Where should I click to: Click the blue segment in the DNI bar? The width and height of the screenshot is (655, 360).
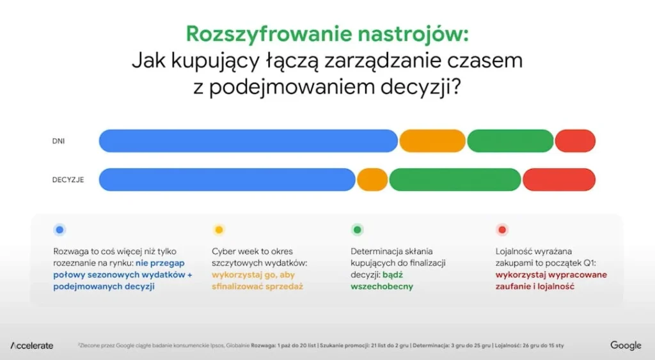click(x=248, y=141)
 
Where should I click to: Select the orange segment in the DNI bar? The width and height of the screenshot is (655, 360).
click(x=432, y=141)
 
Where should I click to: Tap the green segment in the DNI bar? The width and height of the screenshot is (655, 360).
click(x=510, y=141)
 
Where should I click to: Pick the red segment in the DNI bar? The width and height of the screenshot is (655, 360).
click(x=575, y=141)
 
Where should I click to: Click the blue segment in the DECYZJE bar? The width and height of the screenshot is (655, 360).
click(x=227, y=180)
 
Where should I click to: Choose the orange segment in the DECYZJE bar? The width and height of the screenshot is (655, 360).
click(x=372, y=180)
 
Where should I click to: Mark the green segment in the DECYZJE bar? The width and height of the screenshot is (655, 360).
click(x=455, y=180)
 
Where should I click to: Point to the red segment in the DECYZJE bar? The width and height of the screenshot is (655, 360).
click(x=559, y=180)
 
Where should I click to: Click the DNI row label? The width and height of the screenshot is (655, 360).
click(x=58, y=141)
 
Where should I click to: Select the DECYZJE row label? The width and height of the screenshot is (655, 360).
click(x=68, y=180)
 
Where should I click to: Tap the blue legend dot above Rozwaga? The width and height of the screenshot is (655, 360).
click(x=59, y=230)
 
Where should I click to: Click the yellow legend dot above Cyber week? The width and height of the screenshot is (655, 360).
click(x=219, y=230)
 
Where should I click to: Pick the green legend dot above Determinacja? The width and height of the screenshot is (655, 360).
click(x=358, y=230)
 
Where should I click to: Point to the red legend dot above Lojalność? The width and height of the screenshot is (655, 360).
click(x=502, y=230)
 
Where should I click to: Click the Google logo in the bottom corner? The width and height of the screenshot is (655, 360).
click(x=625, y=345)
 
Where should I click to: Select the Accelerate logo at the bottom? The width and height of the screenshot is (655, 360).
click(x=32, y=345)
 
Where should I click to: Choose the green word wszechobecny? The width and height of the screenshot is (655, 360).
click(x=382, y=286)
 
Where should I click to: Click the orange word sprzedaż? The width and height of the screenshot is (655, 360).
click(x=281, y=286)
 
